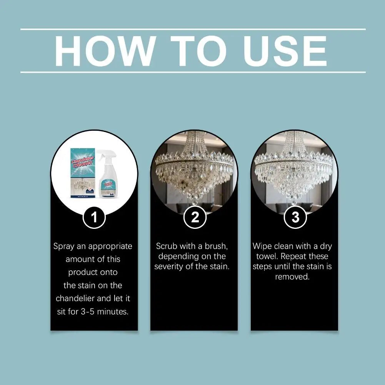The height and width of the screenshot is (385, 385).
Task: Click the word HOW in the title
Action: tap(104, 51)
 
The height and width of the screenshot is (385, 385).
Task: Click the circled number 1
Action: tap(94, 218)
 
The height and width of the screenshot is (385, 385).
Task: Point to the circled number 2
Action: tap(195, 218)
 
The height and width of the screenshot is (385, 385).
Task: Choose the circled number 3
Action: tap(295, 218)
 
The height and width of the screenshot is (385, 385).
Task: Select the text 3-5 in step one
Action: tap(90, 312)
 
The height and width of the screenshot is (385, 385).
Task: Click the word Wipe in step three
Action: tap(262, 246)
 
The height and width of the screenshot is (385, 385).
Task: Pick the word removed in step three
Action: tap(292, 277)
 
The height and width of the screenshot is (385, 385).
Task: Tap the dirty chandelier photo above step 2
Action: tap(194, 173)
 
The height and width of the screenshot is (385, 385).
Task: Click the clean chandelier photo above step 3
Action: tap(294, 173)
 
